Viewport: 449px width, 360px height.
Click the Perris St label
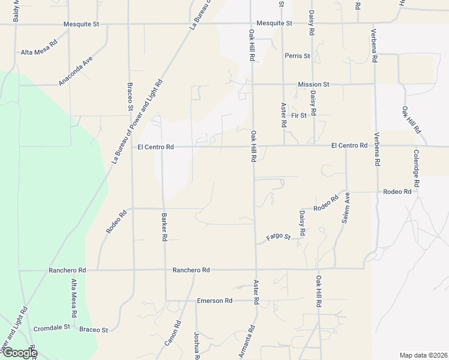[x=297, y=56]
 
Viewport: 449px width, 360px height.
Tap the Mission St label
[x=313, y=85]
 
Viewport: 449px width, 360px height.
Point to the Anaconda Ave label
[x=75, y=72]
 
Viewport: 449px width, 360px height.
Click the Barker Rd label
[x=164, y=227]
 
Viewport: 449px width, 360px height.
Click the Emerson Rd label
[x=214, y=301]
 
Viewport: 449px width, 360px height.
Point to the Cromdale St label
[x=52, y=328]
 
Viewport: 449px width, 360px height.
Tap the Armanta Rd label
[x=248, y=341]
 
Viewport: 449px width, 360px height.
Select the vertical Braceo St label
[x=129, y=97]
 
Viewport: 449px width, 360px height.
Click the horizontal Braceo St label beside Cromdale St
[x=94, y=329]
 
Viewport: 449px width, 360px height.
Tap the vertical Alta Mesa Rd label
[x=74, y=298]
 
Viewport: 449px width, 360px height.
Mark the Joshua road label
[x=196, y=345]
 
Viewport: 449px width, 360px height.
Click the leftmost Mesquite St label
[x=81, y=24]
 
